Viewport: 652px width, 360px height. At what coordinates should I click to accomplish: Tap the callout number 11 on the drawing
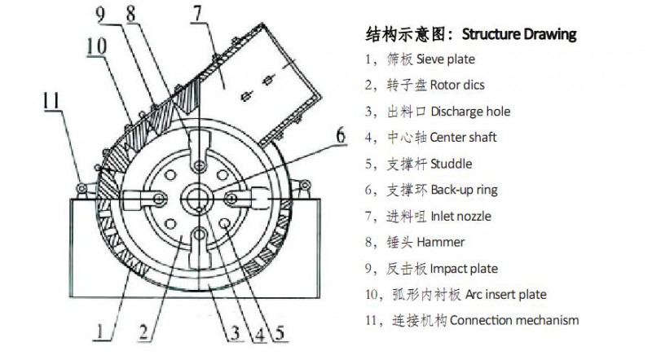coord(51,101)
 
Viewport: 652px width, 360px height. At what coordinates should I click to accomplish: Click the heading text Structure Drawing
coord(519,34)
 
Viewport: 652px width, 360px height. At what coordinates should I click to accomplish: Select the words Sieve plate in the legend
coord(445,59)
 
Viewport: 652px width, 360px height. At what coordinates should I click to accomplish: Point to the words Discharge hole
coord(459,112)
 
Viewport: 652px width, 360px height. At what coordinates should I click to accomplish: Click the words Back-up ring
coord(452,190)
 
